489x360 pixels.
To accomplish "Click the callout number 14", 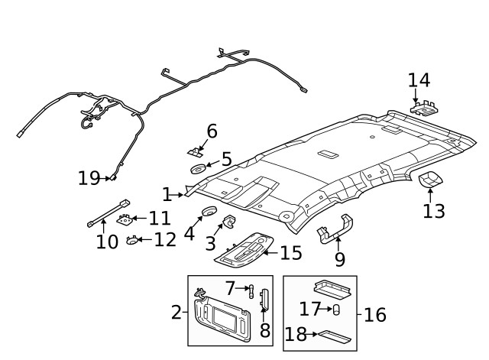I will point(419,80).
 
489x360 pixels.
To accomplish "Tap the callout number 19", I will point(89,178).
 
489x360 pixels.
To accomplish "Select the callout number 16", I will point(375,314).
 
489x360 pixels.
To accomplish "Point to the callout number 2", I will point(176,312).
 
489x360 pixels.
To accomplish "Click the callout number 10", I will point(107,242).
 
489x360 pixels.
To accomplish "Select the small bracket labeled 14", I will point(426,109).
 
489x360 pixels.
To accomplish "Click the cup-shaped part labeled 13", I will point(430,180).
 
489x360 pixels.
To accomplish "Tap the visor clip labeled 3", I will point(228,222).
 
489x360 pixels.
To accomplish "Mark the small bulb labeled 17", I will point(336,310).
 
